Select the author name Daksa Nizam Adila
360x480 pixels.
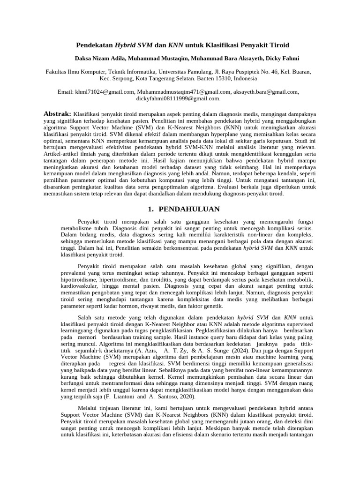[99, 59]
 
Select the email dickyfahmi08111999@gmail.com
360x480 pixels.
[178, 98]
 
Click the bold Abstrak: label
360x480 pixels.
[57, 114]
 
